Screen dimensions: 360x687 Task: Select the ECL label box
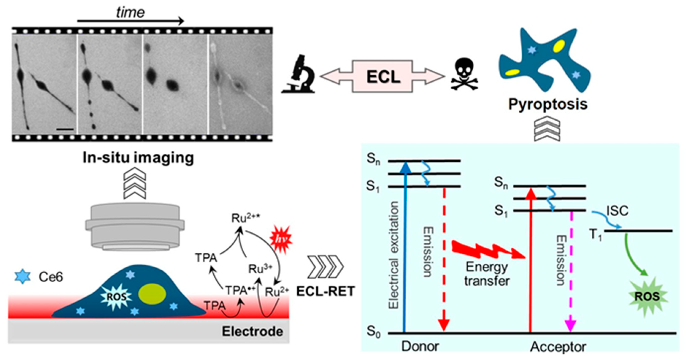click(x=383, y=77)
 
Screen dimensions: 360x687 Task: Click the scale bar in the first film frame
click(x=65, y=130)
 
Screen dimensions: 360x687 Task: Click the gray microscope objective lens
click(x=135, y=227)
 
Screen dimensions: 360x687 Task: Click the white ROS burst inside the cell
click(x=116, y=297)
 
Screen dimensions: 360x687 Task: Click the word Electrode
click(x=252, y=331)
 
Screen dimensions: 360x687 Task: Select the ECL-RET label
click(x=325, y=291)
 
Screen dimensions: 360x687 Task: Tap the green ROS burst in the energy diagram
click(x=647, y=297)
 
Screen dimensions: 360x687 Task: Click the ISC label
click(x=617, y=211)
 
